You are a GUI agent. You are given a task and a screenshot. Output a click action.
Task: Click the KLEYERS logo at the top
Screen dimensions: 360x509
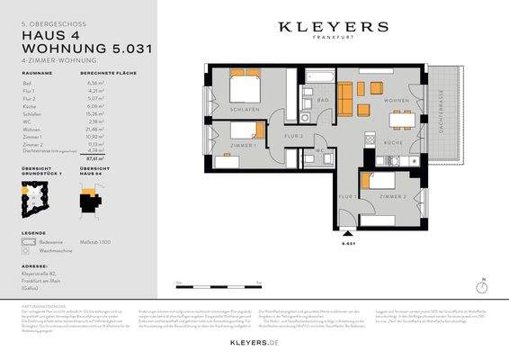point(333,28)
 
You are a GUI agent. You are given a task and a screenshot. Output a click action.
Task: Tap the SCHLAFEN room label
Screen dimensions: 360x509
point(244,109)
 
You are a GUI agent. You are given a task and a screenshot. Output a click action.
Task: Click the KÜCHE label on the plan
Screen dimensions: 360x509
point(394,143)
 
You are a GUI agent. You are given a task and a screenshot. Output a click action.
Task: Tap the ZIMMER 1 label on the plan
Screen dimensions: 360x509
point(244,145)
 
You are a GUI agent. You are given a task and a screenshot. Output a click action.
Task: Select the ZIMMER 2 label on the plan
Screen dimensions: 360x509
point(392,195)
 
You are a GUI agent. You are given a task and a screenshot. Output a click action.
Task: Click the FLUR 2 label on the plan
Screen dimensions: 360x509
point(293,137)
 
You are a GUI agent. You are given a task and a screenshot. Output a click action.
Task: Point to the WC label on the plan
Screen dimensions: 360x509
point(320,150)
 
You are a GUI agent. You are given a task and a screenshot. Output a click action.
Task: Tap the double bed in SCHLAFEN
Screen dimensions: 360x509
point(245,87)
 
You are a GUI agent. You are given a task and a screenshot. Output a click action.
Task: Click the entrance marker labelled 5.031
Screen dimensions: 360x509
point(351,241)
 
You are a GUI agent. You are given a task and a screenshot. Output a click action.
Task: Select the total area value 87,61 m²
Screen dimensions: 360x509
point(90,157)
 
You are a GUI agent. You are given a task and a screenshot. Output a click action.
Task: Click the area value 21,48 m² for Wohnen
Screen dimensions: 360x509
point(90,130)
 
